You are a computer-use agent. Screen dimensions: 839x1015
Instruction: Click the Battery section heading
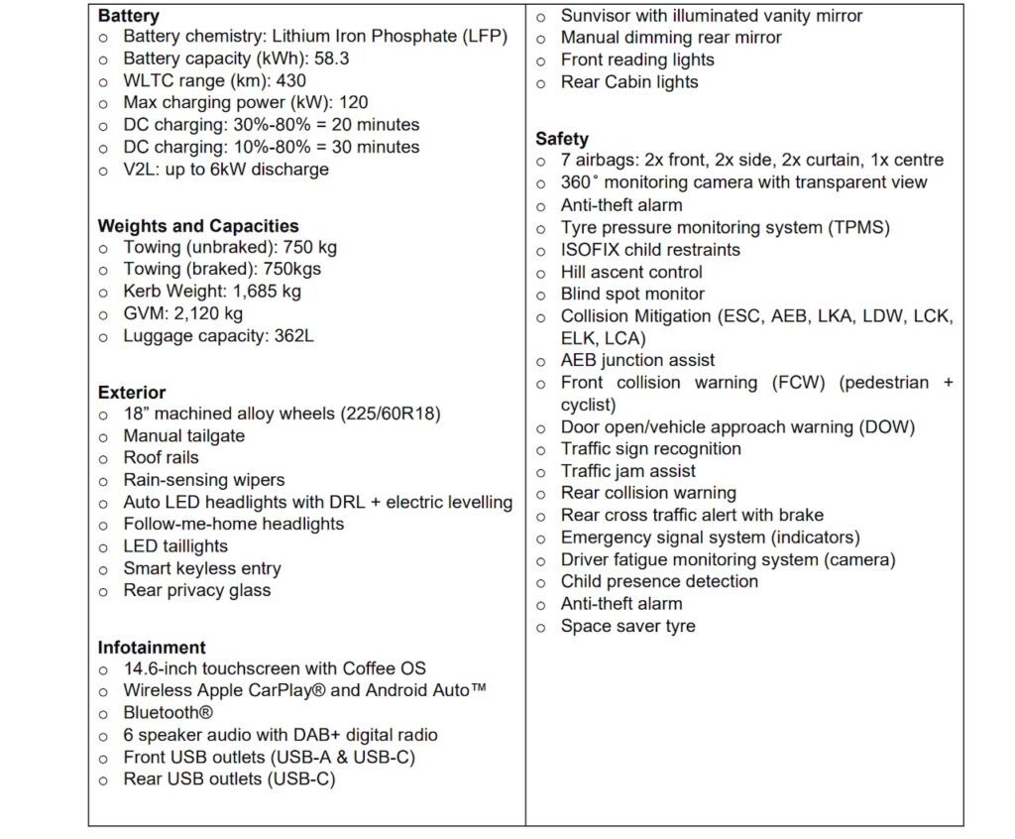tap(129, 16)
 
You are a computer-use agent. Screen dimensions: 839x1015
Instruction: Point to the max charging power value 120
tap(352, 102)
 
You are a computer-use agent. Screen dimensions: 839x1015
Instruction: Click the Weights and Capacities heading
tap(198, 226)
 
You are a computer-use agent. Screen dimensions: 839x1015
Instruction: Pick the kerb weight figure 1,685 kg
tap(267, 292)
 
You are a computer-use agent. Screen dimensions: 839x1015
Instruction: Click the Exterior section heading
tap(132, 393)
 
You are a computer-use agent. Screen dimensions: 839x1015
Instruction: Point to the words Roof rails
tap(161, 457)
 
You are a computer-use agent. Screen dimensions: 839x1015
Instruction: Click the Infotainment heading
tap(152, 648)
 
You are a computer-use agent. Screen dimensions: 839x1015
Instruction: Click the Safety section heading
tap(562, 139)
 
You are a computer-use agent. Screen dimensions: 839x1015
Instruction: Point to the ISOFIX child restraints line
tap(650, 249)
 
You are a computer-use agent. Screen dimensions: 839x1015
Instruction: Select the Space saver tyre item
tap(627, 626)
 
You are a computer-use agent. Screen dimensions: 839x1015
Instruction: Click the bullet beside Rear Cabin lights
tap(541, 83)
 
